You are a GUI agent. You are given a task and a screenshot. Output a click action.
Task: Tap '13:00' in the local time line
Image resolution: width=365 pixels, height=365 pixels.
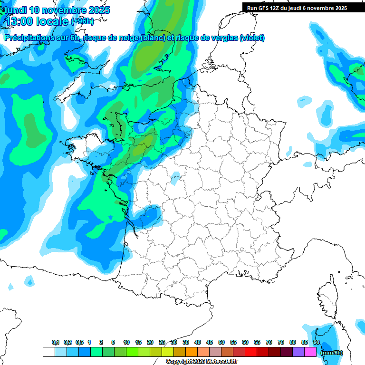tap(22, 21)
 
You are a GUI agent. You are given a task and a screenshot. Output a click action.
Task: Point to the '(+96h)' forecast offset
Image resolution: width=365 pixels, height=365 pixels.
tap(82, 21)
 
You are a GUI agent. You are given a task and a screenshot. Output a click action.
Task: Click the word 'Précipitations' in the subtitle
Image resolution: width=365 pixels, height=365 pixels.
tap(28, 38)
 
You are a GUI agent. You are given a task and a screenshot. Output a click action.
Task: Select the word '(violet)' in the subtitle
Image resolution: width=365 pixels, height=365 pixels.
tap(252, 38)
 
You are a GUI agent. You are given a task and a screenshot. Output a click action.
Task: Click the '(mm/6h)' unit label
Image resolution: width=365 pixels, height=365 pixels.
tap(332, 353)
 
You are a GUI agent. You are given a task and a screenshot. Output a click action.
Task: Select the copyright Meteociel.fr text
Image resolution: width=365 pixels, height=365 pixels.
tap(202, 362)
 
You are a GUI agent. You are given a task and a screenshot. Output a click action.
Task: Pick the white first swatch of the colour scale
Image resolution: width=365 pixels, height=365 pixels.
tap(48, 352)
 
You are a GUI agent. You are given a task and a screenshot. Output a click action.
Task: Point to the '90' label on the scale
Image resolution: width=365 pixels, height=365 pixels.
tap(316, 342)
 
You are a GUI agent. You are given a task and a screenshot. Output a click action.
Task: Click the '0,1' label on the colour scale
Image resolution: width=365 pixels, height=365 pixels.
tap(56, 342)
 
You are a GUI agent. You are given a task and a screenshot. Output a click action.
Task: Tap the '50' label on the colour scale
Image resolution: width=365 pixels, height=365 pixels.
tap(221, 342)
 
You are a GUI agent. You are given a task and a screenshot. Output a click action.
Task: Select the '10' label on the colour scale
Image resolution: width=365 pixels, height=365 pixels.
tap(126, 342)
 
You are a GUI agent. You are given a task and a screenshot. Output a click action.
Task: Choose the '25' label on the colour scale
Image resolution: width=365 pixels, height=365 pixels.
tap(162, 342)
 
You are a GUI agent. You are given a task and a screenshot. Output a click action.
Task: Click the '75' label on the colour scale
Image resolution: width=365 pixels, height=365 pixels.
tap(281, 342)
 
